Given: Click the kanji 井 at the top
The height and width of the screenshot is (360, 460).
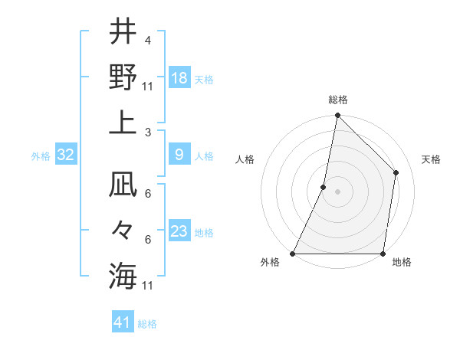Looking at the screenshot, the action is [x=123, y=33].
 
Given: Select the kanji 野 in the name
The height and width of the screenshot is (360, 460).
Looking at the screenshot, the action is [x=123, y=77].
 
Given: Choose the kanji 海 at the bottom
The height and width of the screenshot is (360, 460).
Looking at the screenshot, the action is [x=123, y=275].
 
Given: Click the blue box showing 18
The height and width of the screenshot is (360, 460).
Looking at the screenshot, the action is [x=179, y=78].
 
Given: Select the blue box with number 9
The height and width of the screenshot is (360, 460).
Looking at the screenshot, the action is [x=179, y=155].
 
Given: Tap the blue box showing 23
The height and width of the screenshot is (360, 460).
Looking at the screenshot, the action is [x=179, y=231].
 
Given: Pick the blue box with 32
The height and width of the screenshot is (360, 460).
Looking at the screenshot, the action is [x=66, y=155].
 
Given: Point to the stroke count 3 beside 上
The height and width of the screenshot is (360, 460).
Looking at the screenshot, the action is [x=147, y=133].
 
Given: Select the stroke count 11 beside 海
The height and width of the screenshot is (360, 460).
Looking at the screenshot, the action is [x=148, y=286].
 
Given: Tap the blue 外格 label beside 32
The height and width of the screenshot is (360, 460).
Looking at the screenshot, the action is [x=41, y=156].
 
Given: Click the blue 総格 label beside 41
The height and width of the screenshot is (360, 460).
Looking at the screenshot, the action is [x=147, y=324].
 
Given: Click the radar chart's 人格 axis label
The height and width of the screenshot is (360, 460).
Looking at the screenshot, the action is [x=245, y=159].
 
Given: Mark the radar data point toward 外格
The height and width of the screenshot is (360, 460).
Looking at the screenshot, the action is [x=294, y=254].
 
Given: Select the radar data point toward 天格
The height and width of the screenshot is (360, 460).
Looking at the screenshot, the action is [x=396, y=172].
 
